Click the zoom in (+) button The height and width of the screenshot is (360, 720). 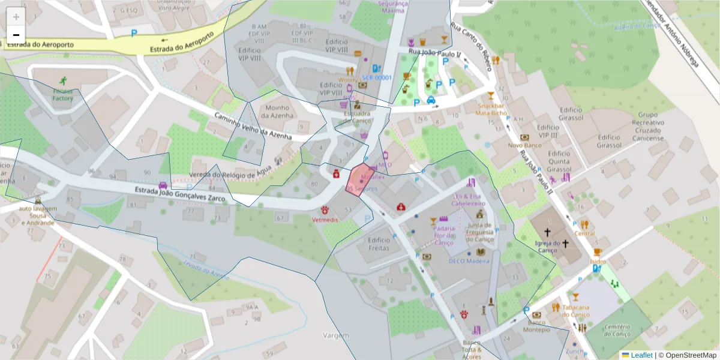click(16, 17)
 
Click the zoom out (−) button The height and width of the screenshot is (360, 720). click(16, 35)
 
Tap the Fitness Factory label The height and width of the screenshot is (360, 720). click(62, 94)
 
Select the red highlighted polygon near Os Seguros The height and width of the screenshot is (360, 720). click(361, 178)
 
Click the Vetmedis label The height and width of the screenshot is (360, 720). click(325, 220)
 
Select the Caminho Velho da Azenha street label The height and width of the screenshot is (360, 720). click(253, 127)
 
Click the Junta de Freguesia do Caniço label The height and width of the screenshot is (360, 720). click(479, 233)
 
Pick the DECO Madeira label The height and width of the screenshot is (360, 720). click(470, 260)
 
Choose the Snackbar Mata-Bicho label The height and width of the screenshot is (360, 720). click(491, 109)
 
